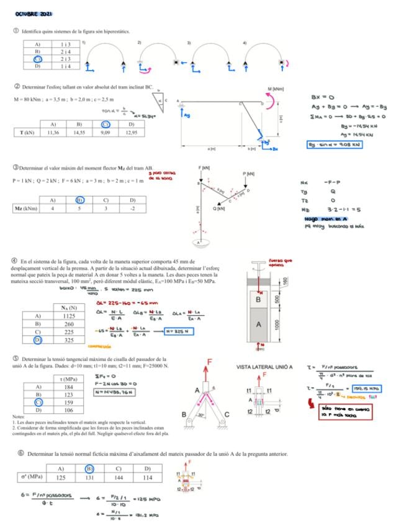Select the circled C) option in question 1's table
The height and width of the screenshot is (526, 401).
click(x=37, y=59)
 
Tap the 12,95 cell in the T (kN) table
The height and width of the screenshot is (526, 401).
click(x=132, y=132)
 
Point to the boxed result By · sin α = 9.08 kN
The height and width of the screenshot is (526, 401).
click(x=335, y=145)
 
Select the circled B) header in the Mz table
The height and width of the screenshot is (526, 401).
click(x=79, y=200)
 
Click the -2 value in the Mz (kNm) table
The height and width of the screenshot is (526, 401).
click(x=132, y=208)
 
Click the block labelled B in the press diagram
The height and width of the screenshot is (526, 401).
click(x=259, y=299)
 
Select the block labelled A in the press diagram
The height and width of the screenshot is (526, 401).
click(x=259, y=324)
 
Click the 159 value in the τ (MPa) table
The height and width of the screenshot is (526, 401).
click(x=69, y=402)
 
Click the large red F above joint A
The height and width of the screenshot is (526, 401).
click(x=210, y=362)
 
